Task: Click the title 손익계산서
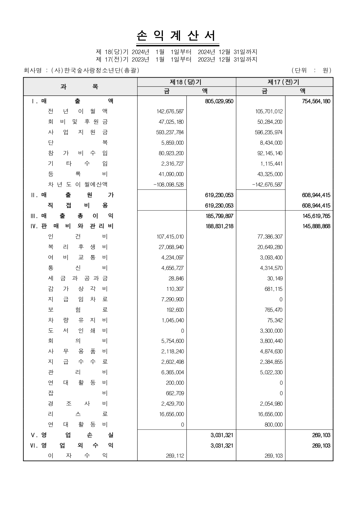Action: click(177, 36)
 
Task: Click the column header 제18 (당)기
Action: click(186, 82)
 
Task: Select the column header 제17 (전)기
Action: click(284, 82)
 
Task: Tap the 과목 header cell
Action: click(80, 87)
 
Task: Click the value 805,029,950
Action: click(219, 101)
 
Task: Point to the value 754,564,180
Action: click(316, 101)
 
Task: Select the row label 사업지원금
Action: click(78, 132)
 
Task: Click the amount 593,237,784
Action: click(170, 133)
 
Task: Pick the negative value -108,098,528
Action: click(168, 185)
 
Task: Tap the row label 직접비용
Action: click(78, 205)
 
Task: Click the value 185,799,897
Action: click(219, 216)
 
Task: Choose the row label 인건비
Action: click(78, 237)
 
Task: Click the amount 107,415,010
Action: click(170, 237)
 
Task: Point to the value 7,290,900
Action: click(172, 300)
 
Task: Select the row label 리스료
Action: click(78, 414)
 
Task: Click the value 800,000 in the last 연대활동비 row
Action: click(273, 425)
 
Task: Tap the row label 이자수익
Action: click(78, 456)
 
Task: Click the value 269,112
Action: click(175, 456)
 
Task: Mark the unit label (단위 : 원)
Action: click(311, 70)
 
